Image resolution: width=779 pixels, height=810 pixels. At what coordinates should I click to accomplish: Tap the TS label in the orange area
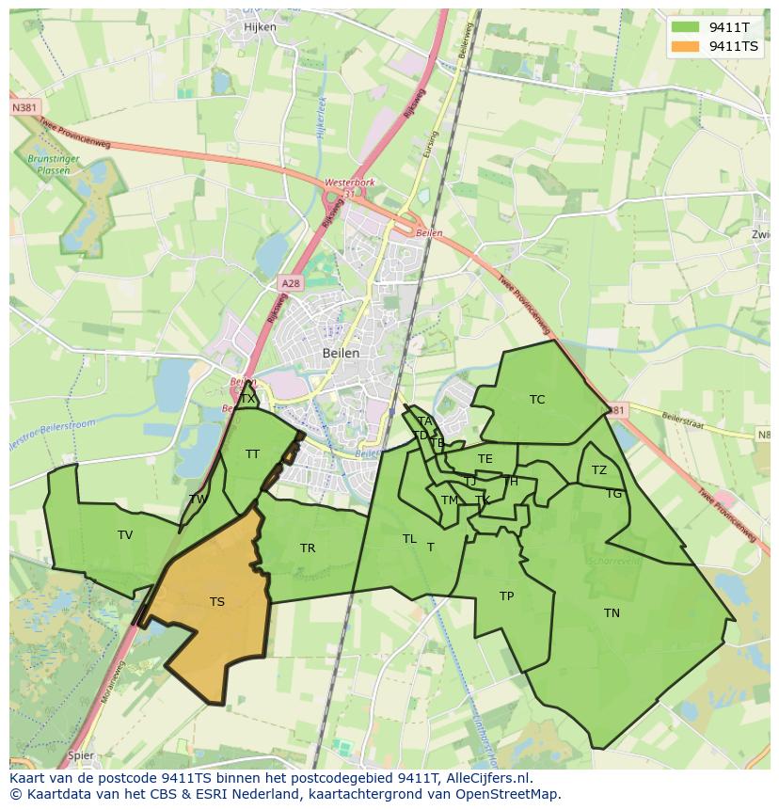(217, 602)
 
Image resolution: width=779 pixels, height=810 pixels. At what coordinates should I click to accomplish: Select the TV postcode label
(125, 535)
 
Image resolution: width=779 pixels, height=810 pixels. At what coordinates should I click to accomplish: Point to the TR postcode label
(308, 548)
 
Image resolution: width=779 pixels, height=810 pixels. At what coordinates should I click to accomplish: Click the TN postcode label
(612, 613)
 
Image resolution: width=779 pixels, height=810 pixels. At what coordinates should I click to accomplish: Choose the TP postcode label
(506, 596)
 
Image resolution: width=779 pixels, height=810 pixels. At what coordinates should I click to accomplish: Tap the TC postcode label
(537, 400)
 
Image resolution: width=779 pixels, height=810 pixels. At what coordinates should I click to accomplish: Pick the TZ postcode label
(599, 470)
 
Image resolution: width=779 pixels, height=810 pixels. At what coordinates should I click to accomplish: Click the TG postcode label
(613, 494)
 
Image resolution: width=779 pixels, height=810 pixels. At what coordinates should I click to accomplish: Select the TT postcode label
(252, 454)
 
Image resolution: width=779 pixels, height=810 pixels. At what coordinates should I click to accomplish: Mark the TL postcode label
(409, 539)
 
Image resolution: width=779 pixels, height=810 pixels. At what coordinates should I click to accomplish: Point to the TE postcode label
(485, 459)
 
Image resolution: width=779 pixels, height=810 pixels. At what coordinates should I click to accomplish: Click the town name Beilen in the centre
(341, 353)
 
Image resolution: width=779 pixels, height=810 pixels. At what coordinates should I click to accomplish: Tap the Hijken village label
(260, 27)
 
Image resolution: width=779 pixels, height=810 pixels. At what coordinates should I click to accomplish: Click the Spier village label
(81, 754)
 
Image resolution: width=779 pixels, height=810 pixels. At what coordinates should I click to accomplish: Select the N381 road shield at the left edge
(25, 109)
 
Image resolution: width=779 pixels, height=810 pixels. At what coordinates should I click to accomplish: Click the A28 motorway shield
(291, 282)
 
